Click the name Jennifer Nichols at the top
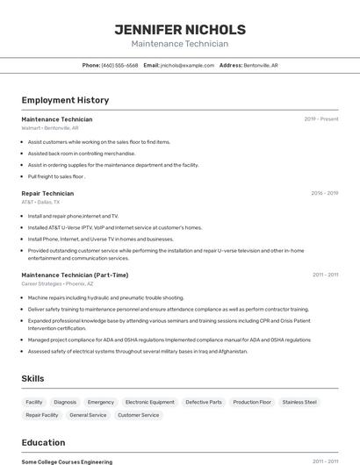[180, 30]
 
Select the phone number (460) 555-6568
[120, 65]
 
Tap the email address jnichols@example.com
[187, 65]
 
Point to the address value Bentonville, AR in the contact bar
[261, 65]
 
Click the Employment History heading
[65, 100]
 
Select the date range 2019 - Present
[321, 118]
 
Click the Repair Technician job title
[47, 193]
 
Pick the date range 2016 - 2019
[324, 193]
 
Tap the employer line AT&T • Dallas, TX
[40, 202]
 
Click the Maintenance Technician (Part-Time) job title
[75, 275]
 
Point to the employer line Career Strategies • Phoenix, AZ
[55, 283]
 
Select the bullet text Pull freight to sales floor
[55, 176]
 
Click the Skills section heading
[33, 378]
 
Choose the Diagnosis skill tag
[65, 402]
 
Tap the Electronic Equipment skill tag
[149, 402]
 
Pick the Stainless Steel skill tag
[299, 402]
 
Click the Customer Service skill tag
[138, 415]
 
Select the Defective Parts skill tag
[204, 402]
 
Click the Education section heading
[43, 442]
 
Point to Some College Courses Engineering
[67, 461]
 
